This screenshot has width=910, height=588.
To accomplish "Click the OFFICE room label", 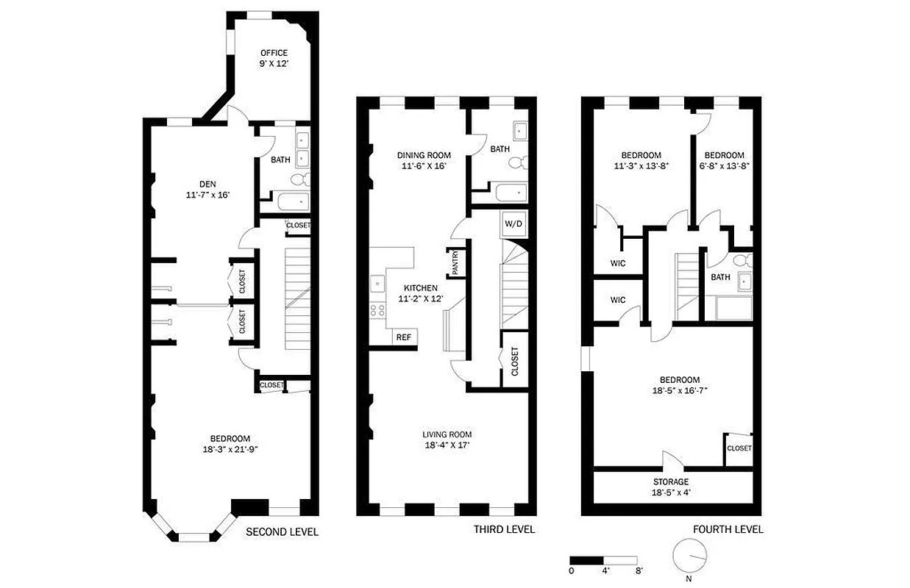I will [x=273, y=58].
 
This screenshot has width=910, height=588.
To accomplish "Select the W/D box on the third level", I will [x=513, y=223].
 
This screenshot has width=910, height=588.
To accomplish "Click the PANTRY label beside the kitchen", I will [x=456, y=261].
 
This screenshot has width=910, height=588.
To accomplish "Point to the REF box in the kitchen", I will [x=404, y=337].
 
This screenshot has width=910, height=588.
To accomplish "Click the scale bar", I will [x=605, y=559].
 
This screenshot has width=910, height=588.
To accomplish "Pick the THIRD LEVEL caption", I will [x=504, y=530].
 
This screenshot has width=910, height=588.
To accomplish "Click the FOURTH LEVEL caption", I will [x=728, y=530].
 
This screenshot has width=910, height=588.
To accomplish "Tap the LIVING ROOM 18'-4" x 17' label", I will [x=447, y=440].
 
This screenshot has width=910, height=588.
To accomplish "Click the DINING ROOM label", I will [x=424, y=161].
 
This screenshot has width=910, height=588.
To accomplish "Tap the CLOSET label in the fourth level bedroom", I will [x=739, y=448].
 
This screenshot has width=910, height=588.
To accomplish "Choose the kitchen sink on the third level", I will [x=376, y=282].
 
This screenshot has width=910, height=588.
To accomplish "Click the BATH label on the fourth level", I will [x=720, y=277].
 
